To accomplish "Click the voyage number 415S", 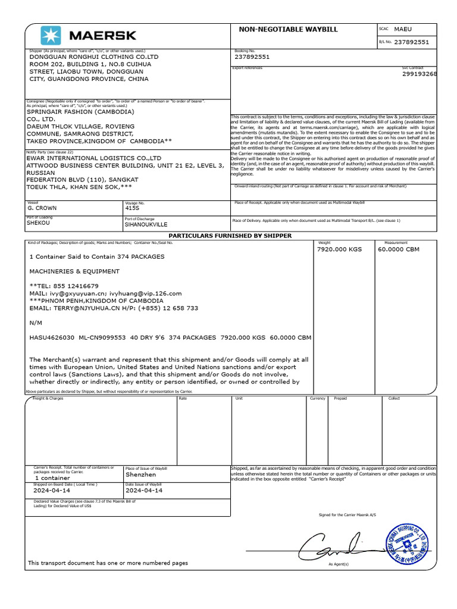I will pyautogui.click(x=132, y=209).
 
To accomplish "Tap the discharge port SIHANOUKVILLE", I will pyautogui.click(x=146, y=225).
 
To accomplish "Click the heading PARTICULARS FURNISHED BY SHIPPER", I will pyautogui.click(x=230, y=236).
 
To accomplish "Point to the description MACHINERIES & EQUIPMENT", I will pyautogui.click(x=74, y=271).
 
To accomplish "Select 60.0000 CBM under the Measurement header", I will pyautogui.click(x=399, y=249).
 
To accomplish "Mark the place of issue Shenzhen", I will pyautogui.click(x=141, y=475).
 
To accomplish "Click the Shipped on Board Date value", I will pyautogui.click(x=52, y=491).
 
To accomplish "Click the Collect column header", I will pyautogui.click(x=394, y=398).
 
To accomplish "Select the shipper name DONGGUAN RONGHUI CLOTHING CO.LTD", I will pyautogui.click(x=94, y=57).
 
